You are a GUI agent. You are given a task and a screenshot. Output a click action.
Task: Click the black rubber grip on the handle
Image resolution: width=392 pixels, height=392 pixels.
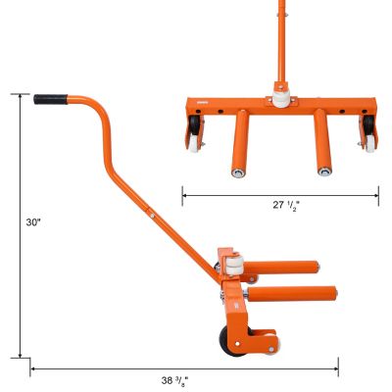tap(50, 99)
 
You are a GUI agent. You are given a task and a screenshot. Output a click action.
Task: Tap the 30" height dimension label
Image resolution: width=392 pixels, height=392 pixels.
tap(33, 223)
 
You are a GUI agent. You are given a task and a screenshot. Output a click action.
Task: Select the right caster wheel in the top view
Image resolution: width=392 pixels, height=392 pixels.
tap(368, 133)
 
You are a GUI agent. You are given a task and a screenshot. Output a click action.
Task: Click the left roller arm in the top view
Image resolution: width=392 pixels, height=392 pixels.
tap(238, 143)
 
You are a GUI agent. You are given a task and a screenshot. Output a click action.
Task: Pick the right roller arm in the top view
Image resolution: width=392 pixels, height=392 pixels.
tap(321, 143)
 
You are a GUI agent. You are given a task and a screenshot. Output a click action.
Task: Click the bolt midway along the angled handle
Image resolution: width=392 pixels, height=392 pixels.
tap(154, 209)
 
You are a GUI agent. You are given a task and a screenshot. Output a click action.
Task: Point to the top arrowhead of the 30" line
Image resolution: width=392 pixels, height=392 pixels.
tap(20, 96)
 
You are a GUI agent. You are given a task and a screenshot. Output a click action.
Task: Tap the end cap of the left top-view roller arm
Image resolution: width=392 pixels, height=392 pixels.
tap(238, 173)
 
